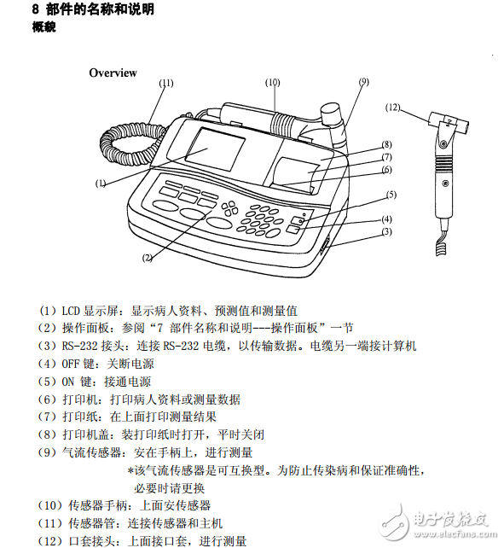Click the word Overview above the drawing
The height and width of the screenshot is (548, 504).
tap(113, 73)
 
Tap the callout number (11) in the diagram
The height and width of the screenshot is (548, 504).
tap(166, 83)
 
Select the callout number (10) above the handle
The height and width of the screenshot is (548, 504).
tap(272, 82)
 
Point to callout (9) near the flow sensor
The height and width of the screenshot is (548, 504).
tap(363, 81)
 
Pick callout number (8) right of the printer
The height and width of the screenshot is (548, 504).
tap(386, 144)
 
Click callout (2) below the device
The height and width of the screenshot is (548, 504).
tap(147, 257)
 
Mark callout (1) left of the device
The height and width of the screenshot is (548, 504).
tap(100, 182)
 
